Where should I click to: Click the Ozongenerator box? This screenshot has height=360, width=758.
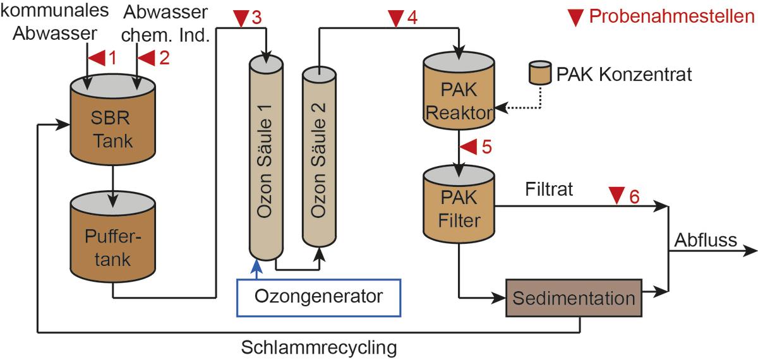(x=319, y=296)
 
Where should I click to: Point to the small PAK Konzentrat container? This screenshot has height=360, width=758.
(x=539, y=74)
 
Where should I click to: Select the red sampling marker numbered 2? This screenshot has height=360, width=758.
(x=147, y=59)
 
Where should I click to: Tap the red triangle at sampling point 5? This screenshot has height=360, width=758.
(x=468, y=147)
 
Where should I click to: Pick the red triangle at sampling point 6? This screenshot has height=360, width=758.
(x=615, y=196)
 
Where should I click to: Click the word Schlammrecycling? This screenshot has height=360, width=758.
(x=319, y=347)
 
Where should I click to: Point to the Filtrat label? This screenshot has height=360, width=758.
(x=548, y=189)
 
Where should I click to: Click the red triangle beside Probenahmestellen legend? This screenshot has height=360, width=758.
(x=575, y=18)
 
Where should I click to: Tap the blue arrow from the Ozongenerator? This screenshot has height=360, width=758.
(x=256, y=268)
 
